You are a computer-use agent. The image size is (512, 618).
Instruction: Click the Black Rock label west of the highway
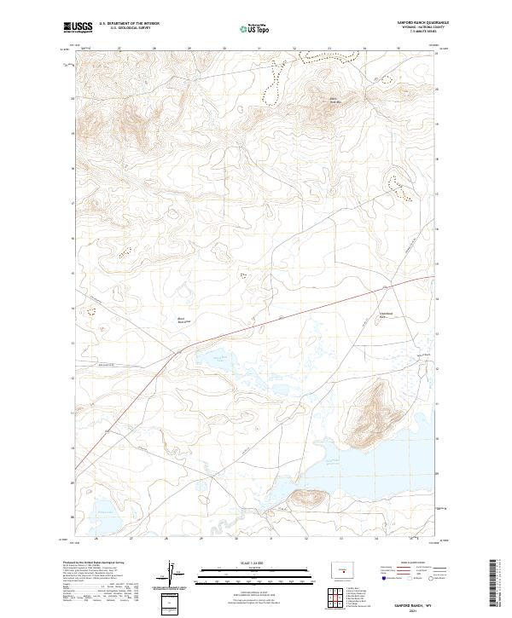(x=181, y=321)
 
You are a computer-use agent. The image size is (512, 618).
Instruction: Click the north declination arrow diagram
(x=174, y=573)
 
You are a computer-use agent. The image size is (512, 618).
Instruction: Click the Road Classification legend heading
(x=405, y=563)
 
